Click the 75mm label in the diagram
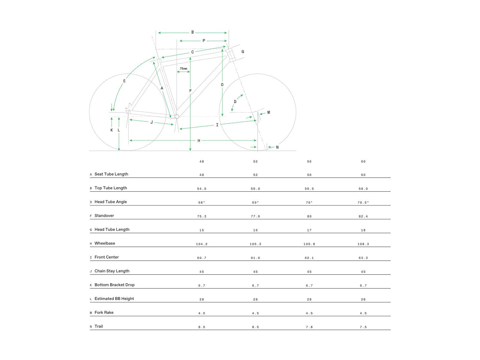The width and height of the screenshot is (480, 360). tap(183, 69)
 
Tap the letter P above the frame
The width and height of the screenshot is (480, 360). tap(204, 41)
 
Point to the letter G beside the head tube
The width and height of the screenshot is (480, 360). tap(243, 52)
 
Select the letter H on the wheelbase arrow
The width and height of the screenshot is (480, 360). tap(199, 141)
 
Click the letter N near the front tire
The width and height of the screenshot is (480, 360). tap(277, 147)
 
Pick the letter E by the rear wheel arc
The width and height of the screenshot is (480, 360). tap(124, 81)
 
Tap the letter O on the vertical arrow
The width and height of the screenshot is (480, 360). tap(222, 85)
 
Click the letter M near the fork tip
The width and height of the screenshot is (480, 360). tap(268, 112)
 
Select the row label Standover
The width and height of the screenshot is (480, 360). tap(104, 216)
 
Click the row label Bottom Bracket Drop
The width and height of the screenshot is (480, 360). tap(114, 285)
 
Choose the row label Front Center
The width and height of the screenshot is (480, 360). tap(106, 257)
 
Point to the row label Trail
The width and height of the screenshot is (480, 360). tap(98, 326)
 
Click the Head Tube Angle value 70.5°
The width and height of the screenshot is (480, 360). tap(363, 202)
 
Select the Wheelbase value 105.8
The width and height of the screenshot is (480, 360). tap(309, 244)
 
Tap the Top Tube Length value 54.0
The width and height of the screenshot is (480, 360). tap(202, 189)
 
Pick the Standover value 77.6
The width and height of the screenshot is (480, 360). tap(255, 216)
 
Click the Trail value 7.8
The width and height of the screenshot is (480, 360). tap(309, 327)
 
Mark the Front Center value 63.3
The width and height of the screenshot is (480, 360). tap(363, 258)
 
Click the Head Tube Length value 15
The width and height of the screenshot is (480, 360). tap(202, 230)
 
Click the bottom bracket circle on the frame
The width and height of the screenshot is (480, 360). tap(177, 116)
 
